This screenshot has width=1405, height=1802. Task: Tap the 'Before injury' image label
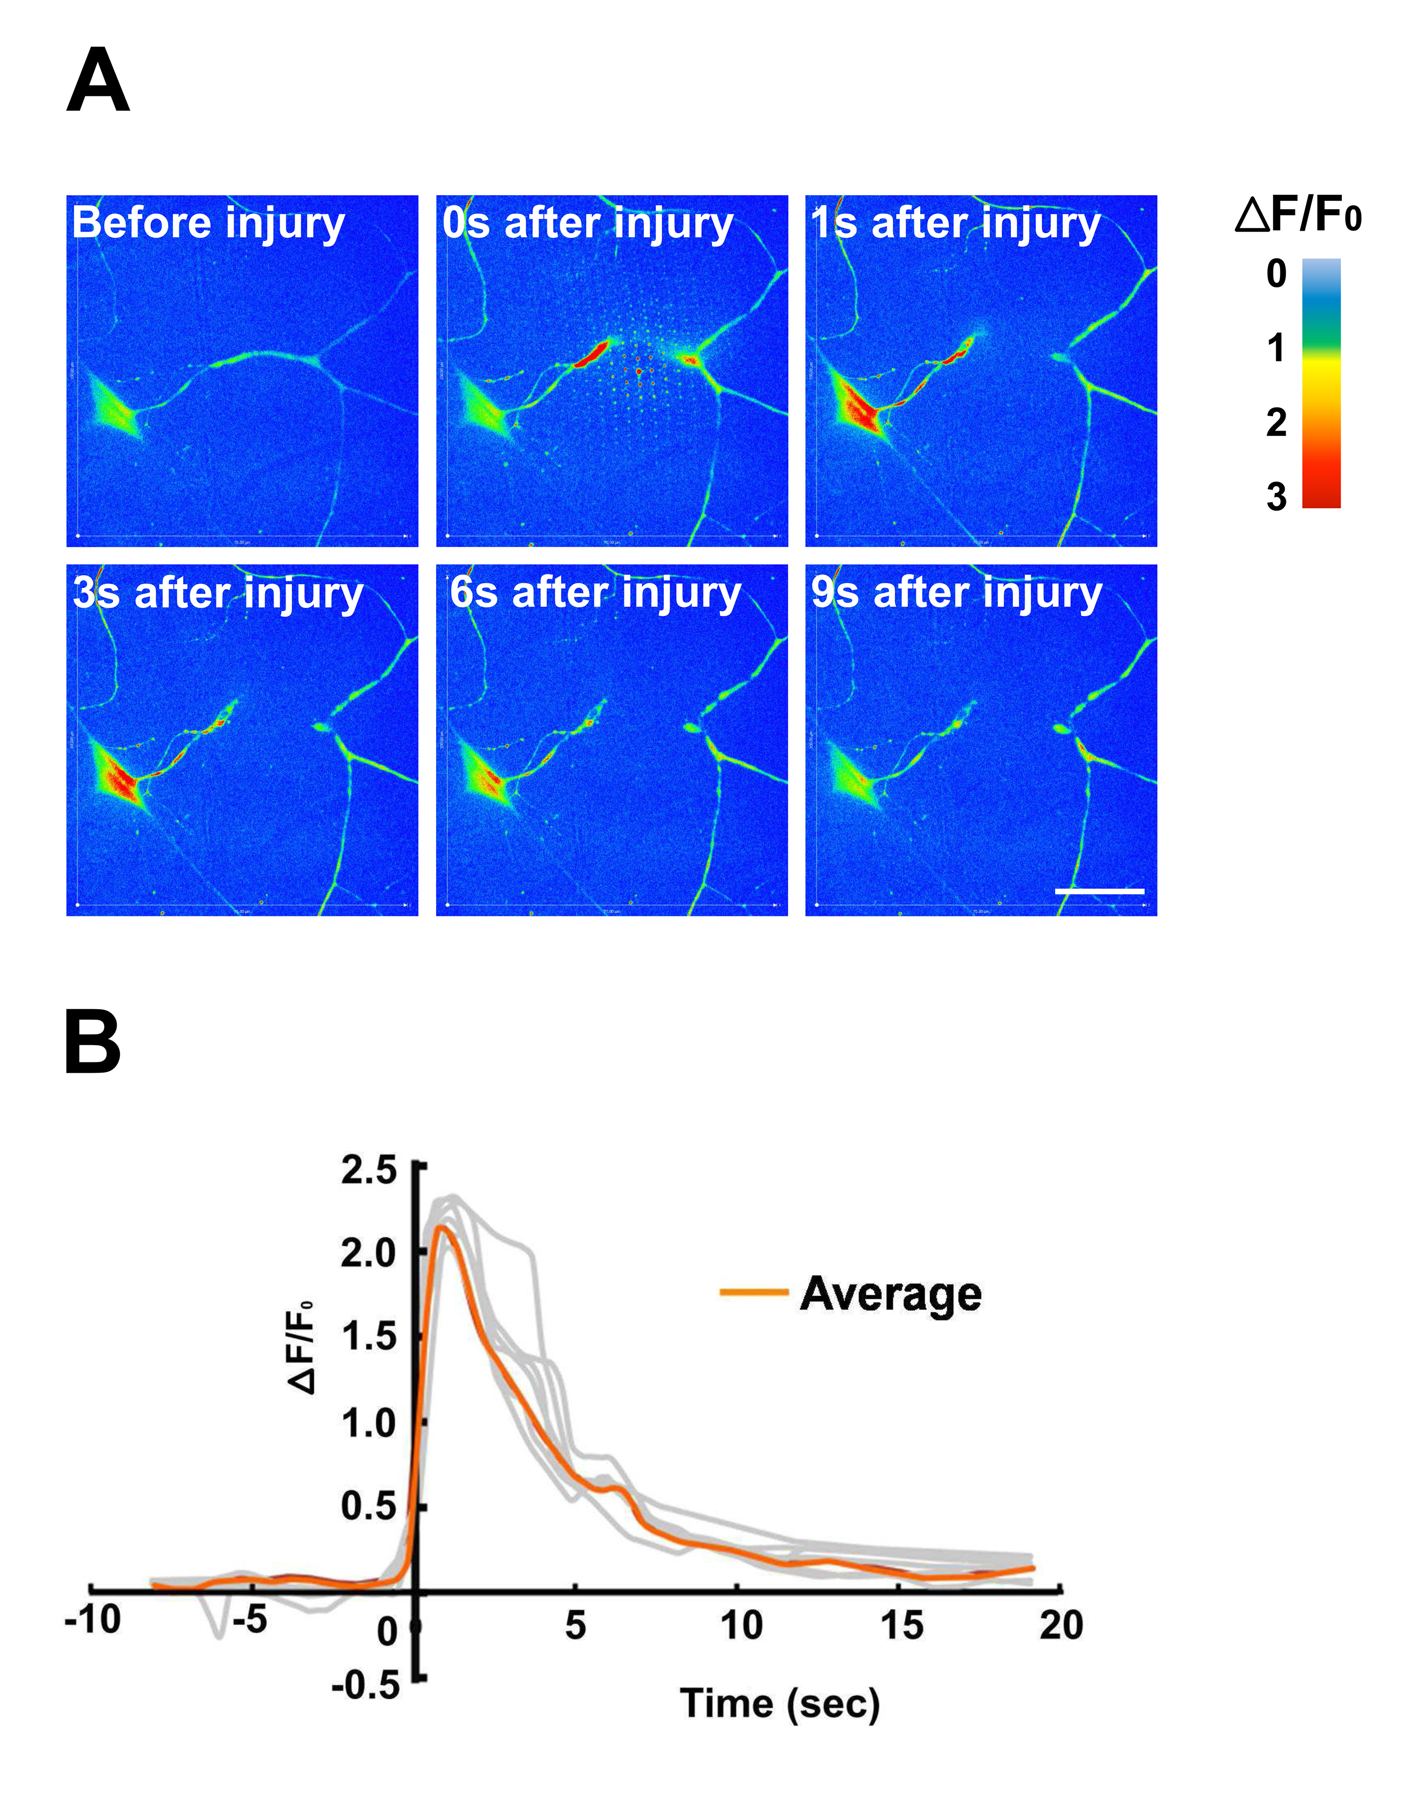tap(208, 224)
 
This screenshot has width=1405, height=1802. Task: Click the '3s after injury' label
tap(218, 593)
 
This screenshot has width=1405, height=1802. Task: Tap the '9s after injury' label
tap(956, 593)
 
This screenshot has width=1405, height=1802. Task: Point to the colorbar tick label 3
tap(1276, 498)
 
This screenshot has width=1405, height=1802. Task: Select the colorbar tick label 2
tap(1276, 423)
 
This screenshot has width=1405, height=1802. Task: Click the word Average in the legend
tap(891, 1293)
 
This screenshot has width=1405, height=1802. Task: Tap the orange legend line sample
tap(753, 1292)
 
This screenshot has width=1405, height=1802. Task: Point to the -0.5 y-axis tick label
tap(366, 1685)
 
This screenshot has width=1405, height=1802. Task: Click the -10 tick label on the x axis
tap(93, 1619)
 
